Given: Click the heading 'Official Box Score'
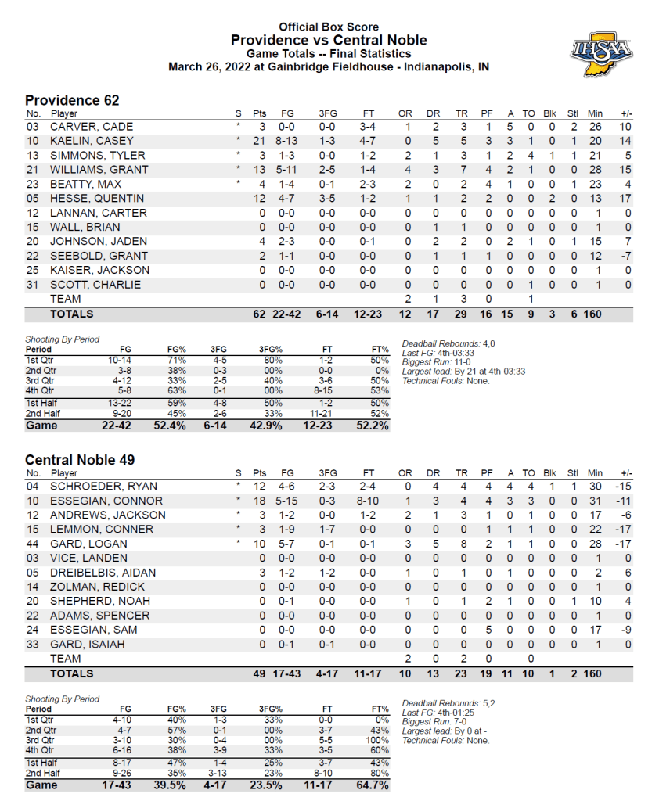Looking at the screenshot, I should point(329,27).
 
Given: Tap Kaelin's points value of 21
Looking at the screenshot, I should point(259,141).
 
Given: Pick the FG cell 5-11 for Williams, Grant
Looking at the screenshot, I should point(287,170).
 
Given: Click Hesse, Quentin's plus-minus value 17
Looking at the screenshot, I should point(625,199).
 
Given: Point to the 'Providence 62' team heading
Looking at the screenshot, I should point(72,100).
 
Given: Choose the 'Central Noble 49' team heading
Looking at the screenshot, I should point(80,459).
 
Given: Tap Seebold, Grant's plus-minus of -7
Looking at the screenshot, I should point(625,256).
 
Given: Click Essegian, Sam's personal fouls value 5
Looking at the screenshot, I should point(488,630).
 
